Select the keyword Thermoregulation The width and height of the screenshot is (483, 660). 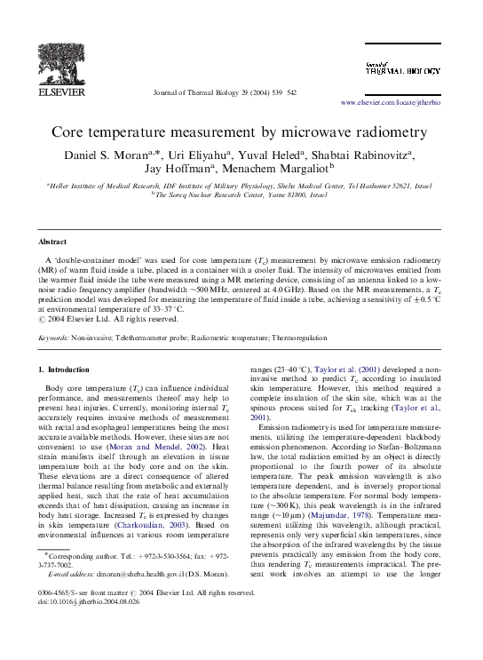coord(297,338)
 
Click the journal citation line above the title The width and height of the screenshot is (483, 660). coord(225,92)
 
